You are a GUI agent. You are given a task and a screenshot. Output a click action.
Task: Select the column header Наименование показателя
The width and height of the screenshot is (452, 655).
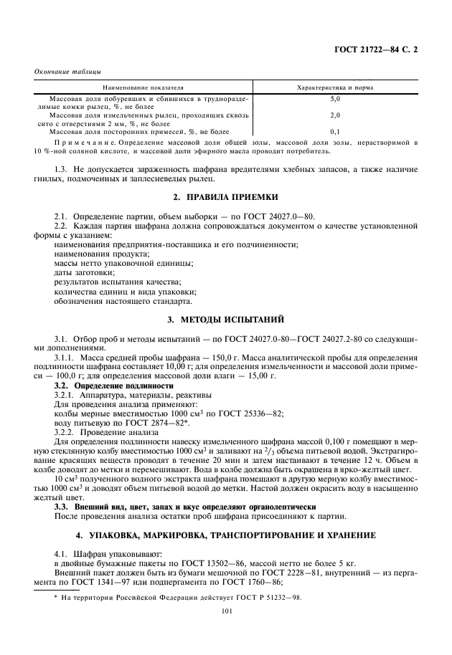138,87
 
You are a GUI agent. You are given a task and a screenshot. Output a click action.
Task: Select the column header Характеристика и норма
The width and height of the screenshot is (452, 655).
334,87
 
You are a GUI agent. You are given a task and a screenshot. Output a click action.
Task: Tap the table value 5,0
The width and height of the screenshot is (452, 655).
334,97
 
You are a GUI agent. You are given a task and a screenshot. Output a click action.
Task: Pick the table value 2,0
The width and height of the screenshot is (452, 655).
334,115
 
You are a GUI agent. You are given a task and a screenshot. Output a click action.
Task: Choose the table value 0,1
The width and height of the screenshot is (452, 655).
334,132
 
